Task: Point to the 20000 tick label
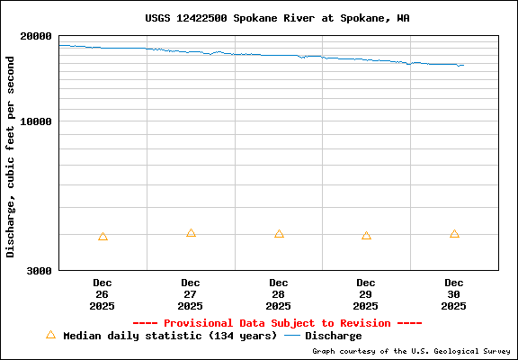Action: (36, 36)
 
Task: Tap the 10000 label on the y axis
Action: (36, 121)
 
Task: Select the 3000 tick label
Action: (39, 270)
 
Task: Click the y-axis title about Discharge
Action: (11, 157)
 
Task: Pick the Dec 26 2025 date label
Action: (102, 294)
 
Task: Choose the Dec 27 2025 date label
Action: (190, 294)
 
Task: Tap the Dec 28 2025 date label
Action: (278, 294)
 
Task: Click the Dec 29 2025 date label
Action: (366, 294)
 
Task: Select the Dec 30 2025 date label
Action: (454, 294)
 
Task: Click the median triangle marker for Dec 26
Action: (103, 237)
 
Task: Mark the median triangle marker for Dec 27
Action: (191, 233)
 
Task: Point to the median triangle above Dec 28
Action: (279, 234)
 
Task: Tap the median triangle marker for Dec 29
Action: (366, 236)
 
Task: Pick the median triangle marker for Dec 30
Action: (454, 234)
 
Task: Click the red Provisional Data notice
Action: (277, 323)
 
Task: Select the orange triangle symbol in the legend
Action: (50, 335)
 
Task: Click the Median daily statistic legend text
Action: (170, 336)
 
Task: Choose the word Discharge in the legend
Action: (334, 336)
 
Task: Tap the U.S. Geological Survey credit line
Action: (411, 352)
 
